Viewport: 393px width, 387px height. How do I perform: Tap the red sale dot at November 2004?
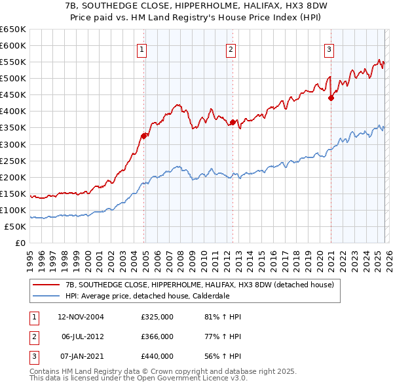pyautogui.click(x=144, y=136)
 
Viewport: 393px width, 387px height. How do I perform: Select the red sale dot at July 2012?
pyautogui.click(x=233, y=122)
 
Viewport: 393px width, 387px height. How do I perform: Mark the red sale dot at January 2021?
pyautogui.click(x=331, y=98)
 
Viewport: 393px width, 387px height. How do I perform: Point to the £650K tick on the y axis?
pyautogui.click(x=13, y=30)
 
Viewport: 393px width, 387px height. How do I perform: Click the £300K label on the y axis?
pyautogui.click(x=13, y=144)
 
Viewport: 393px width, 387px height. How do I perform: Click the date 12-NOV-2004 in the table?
pyautogui.click(x=81, y=317)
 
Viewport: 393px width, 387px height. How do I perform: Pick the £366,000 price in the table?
pyautogui.click(x=157, y=336)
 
